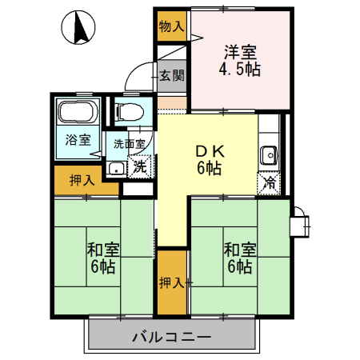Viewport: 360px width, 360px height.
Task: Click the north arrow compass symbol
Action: tap(78, 30)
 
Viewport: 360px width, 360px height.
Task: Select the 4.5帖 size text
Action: tap(240, 69)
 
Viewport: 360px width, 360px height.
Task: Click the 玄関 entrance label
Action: tap(171, 76)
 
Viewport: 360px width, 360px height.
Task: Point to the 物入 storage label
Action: tap(171, 26)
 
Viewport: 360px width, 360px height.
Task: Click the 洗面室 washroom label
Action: tap(129, 145)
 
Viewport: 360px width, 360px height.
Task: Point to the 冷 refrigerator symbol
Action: tap(270, 182)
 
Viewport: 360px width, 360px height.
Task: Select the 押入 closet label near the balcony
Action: tap(171, 282)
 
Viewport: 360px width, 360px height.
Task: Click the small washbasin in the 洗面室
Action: tap(117, 168)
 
